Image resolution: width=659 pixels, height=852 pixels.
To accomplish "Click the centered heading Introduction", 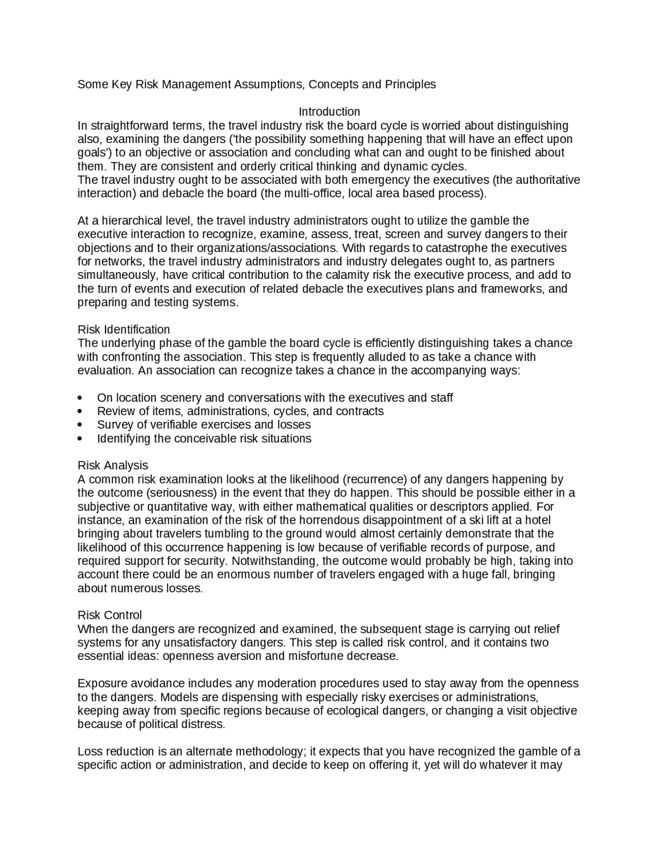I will coord(329,112).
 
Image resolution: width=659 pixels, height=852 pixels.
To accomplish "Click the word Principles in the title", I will coord(410,84).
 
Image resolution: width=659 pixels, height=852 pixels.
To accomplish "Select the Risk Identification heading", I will coord(124,329).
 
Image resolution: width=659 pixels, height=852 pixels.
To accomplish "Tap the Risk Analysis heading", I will coord(113,465).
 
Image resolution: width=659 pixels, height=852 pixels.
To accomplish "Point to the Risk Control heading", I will coord(110,615).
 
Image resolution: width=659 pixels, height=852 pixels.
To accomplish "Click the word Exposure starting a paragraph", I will coord(98,683).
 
